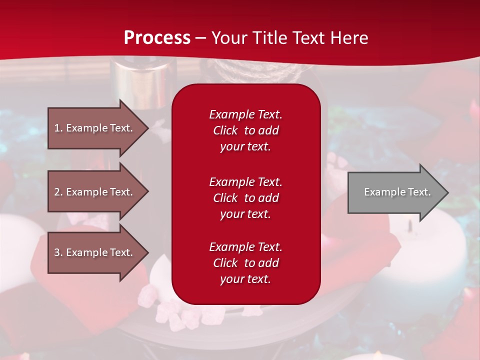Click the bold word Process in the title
point(157,38)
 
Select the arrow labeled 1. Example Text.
point(95,128)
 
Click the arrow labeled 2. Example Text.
point(95,192)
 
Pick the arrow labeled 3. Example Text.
point(95,252)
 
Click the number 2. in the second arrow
point(58,192)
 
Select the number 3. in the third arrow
point(58,252)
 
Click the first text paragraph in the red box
point(245,130)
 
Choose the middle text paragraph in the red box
point(245,197)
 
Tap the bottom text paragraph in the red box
point(245,263)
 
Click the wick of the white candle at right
point(410,225)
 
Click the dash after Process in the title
point(201,38)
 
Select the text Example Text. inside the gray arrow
point(397,192)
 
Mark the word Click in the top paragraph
point(225,130)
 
